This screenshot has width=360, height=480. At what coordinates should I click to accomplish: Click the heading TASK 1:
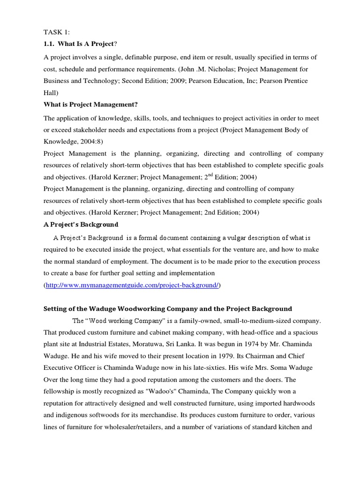pyautogui.click(x=57, y=32)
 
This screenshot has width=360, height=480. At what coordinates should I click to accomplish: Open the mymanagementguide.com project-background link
pyautogui.click(x=132, y=285)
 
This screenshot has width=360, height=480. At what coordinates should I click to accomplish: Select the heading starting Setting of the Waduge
pyautogui.click(x=168, y=308)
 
